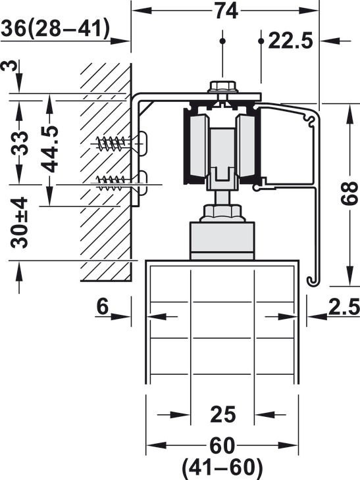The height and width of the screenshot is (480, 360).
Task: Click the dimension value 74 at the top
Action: [x=226, y=11]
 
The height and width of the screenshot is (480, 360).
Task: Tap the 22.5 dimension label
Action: [x=290, y=41]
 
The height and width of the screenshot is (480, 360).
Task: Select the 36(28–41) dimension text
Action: [x=55, y=29]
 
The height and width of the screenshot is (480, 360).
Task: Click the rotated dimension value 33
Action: [x=20, y=143]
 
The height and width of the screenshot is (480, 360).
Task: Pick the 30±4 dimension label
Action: [x=19, y=222]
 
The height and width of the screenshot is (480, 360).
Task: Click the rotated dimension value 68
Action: [x=349, y=193]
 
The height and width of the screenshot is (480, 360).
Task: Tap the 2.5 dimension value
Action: [x=344, y=306]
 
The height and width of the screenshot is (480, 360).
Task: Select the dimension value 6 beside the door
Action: [x=103, y=306]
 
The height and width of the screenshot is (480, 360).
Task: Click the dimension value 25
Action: [x=222, y=414]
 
